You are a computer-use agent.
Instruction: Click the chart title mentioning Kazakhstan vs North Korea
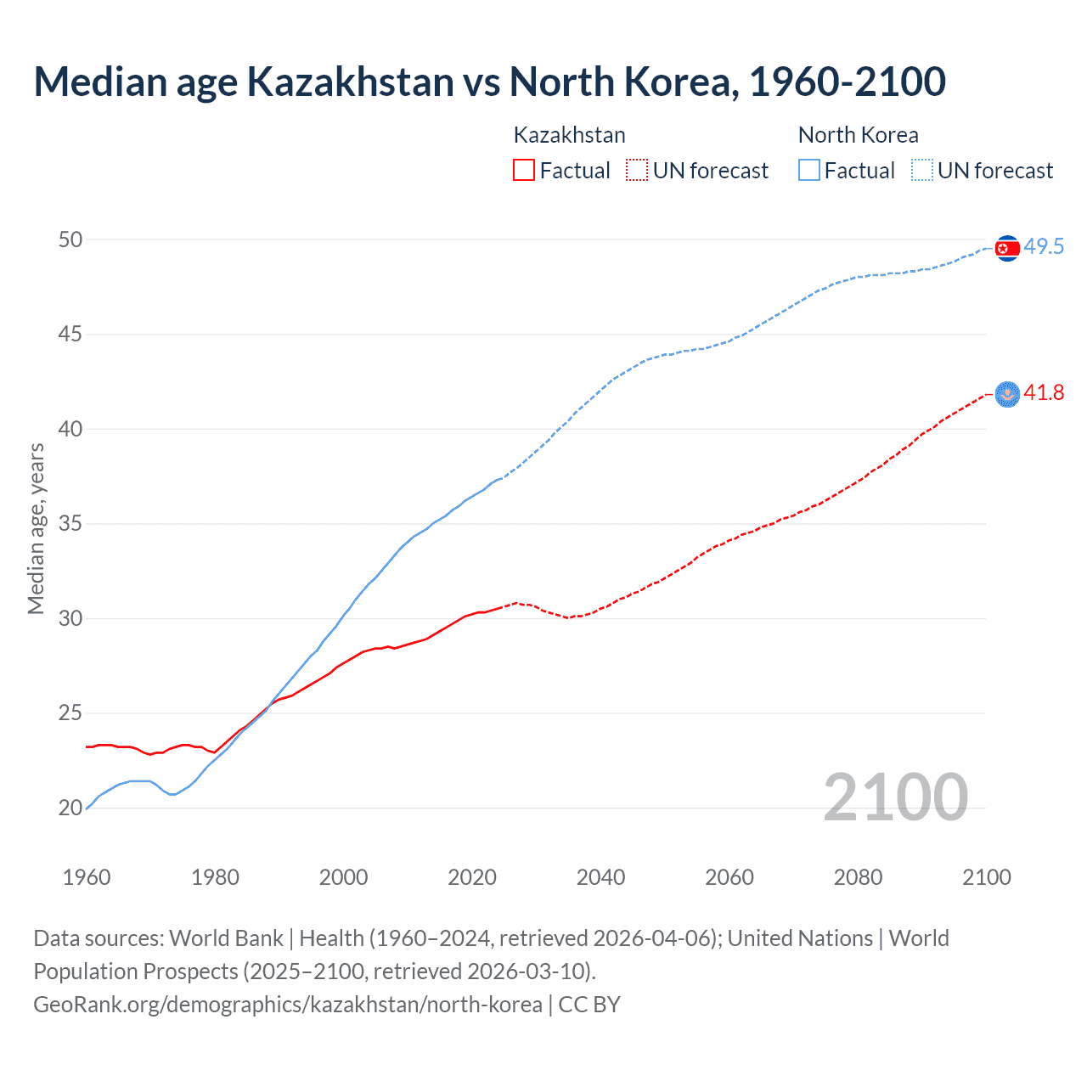pyautogui.click(x=489, y=82)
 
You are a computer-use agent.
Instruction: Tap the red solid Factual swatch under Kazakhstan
pyautogui.click(x=524, y=170)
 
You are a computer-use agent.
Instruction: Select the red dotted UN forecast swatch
pyautogui.click(x=637, y=170)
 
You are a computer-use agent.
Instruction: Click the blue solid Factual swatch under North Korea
pyautogui.click(x=809, y=170)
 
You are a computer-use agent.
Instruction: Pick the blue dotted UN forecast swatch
pyautogui.click(x=922, y=170)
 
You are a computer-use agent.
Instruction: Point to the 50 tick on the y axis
pyautogui.click(x=70, y=239)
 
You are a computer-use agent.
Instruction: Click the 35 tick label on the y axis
pyautogui.click(x=70, y=523)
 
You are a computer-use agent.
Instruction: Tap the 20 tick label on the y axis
pyautogui.click(x=70, y=808)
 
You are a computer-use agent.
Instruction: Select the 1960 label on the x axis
pyautogui.click(x=87, y=877)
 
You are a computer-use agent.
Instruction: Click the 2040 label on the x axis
pyautogui.click(x=600, y=877)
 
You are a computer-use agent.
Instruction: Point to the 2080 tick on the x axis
pyautogui.click(x=858, y=877)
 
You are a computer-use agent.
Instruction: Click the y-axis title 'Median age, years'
pyautogui.click(x=36, y=528)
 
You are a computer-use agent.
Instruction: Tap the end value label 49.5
pyautogui.click(x=1044, y=246)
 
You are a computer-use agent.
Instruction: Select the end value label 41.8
pyautogui.click(x=1044, y=392)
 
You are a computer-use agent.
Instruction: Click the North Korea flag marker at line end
pyautogui.click(x=1007, y=248)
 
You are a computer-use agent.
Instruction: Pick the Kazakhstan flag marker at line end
pyautogui.click(x=1007, y=394)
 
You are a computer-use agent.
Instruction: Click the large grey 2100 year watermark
pyautogui.click(x=895, y=797)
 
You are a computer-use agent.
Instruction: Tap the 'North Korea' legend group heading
pyautogui.click(x=858, y=135)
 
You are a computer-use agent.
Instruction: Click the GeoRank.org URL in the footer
pyautogui.click(x=287, y=1005)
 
